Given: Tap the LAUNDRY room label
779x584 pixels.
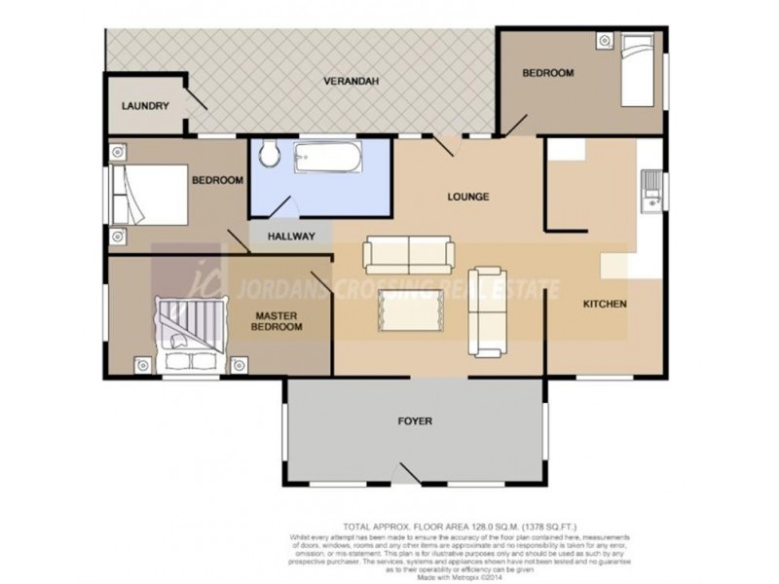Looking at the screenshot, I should click(146, 106).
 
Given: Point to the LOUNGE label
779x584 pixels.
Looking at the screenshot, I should click(467, 197).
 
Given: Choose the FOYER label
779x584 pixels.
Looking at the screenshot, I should click(415, 421).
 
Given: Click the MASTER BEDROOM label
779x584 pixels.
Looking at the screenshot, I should click(278, 321).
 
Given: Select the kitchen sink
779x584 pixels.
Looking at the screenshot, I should click(650, 191).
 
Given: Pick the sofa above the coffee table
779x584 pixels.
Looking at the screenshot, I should click(408, 255).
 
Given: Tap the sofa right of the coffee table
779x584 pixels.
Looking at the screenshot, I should click(486, 310).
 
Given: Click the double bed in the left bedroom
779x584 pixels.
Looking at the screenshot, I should click(149, 192).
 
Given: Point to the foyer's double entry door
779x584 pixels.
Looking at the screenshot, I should click(412, 475).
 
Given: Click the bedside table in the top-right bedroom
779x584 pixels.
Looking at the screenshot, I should click(606, 41).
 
